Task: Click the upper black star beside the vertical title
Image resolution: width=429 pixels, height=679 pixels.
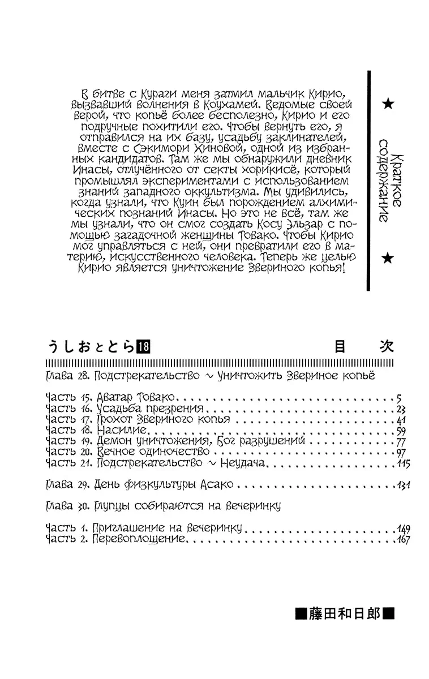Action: pos(388,104)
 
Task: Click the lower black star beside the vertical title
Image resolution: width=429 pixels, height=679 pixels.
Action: pos(388,259)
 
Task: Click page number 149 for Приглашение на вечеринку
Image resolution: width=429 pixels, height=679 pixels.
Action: pos(402,528)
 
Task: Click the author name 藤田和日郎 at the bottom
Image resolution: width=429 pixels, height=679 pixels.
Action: pos(345,614)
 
